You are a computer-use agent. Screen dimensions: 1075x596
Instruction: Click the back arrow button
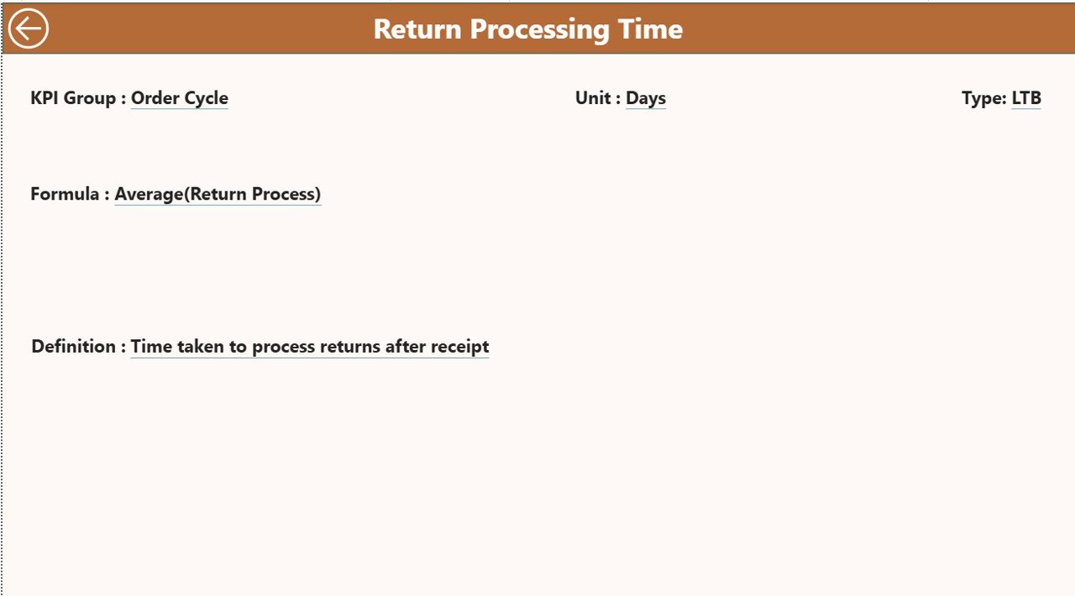pyautogui.click(x=29, y=29)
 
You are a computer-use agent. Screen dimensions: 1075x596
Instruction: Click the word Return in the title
pyautogui.click(x=417, y=29)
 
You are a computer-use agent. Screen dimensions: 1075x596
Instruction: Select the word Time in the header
pyautogui.click(x=650, y=29)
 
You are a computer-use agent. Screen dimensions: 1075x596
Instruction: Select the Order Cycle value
pyautogui.click(x=180, y=98)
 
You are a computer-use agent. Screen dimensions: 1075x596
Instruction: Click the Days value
pyautogui.click(x=646, y=98)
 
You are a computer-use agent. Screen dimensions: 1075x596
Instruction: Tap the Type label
pyautogui.click(x=983, y=98)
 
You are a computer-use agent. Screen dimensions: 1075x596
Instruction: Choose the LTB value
pyautogui.click(x=1026, y=98)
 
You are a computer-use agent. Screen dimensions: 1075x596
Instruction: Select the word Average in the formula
pyautogui.click(x=149, y=195)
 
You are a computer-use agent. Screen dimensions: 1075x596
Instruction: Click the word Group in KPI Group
pyautogui.click(x=90, y=98)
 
